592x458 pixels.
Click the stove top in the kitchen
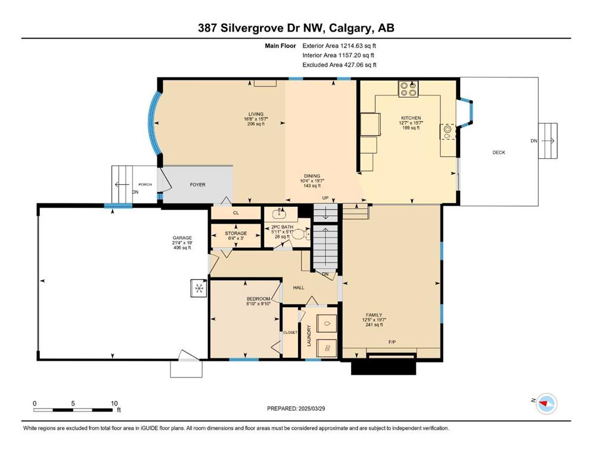point(408,88)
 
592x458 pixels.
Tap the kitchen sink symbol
point(448,132)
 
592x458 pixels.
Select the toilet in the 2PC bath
point(301,235)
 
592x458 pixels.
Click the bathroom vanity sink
point(280,213)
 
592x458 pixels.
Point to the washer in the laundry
point(327,323)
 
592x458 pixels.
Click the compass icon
point(547,404)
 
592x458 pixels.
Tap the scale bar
point(73,410)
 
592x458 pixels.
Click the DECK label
point(499,153)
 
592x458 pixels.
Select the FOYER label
point(197,185)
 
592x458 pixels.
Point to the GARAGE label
point(182,238)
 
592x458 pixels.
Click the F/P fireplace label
point(392,342)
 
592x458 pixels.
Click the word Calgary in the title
point(351,28)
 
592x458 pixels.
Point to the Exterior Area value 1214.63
point(352,46)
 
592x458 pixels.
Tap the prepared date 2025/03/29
point(311,409)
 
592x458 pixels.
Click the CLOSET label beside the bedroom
point(290,333)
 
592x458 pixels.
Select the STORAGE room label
point(236,233)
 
